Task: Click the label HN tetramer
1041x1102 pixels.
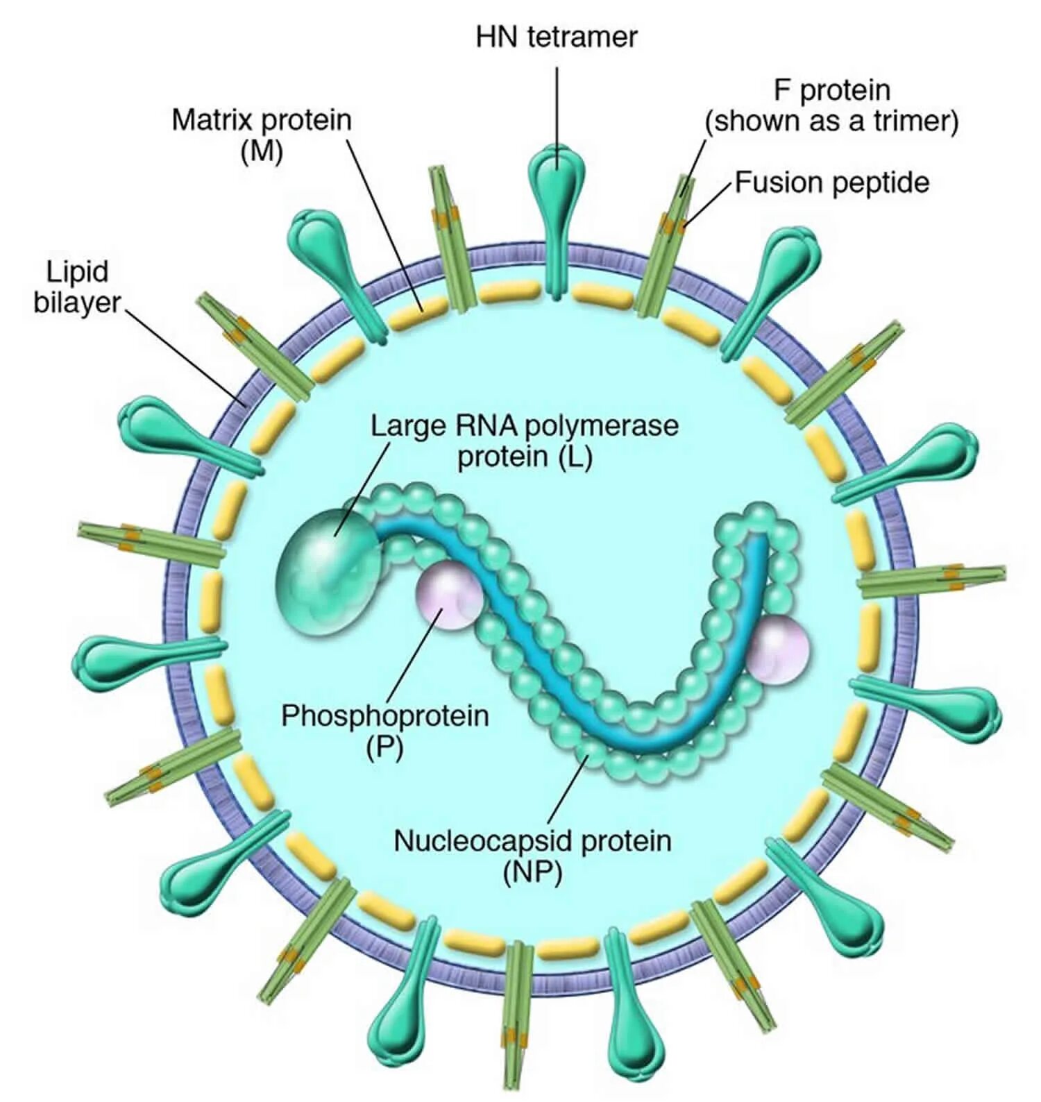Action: pyautogui.click(x=556, y=37)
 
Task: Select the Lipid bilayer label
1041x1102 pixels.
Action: pyautogui.click(x=77, y=287)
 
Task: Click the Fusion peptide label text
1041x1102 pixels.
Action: pyautogui.click(x=831, y=183)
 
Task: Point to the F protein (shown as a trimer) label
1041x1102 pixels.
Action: pyautogui.click(x=831, y=105)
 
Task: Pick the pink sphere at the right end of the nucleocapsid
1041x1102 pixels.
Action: pyautogui.click(x=779, y=650)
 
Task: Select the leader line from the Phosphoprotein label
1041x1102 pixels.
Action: pyautogui.click(x=413, y=656)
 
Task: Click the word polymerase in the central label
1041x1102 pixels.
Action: pyautogui.click(x=601, y=425)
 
